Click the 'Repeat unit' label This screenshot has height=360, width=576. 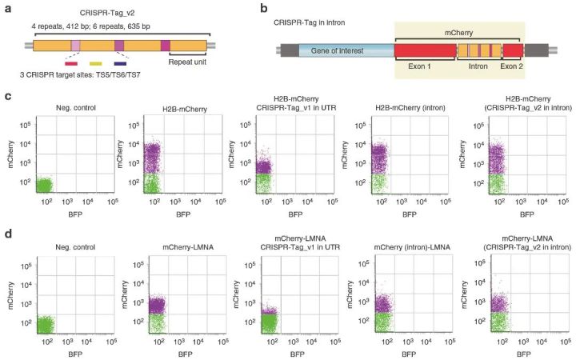click(x=189, y=61)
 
